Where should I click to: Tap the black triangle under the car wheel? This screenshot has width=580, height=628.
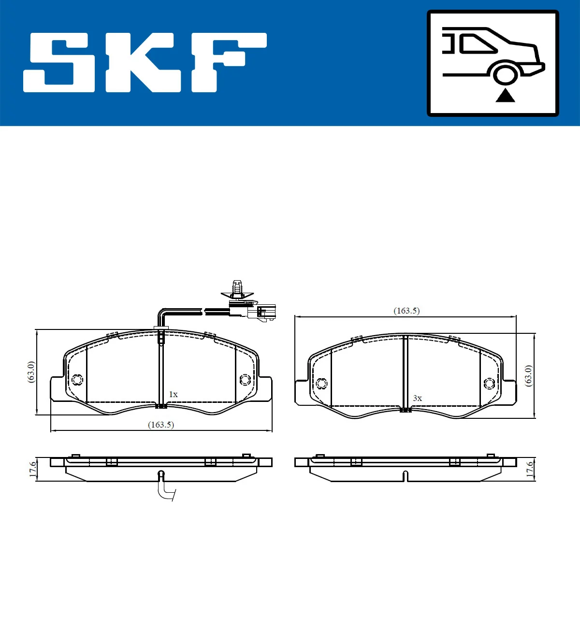pyautogui.click(x=505, y=96)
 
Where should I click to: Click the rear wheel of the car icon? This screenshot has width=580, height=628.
pyautogui.click(x=505, y=75)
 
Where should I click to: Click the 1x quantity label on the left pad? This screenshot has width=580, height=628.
pyautogui.click(x=173, y=395)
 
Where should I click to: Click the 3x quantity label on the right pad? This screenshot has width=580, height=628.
pyautogui.click(x=417, y=399)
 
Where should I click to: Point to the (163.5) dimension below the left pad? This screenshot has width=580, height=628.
pyautogui.click(x=161, y=425)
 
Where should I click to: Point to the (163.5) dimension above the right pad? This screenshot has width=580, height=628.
pyautogui.click(x=406, y=311)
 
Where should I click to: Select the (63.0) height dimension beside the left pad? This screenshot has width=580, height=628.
pyautogui.click(x=31, y=372)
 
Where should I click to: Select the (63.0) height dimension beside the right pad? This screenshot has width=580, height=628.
pyautogui.click(x=529, y=375)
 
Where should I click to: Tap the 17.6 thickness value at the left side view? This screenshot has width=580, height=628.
pyautogui.click(x=32, y=469)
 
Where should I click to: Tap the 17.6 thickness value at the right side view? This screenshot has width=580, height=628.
pyautogui.click(x=530, y=469)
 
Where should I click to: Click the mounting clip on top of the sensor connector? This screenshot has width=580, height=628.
pyautogui.click(x=237, y=290)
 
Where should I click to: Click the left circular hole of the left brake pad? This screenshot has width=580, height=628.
pyautogui.click(x=77, y=380)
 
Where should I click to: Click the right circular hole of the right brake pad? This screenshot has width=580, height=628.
pyautogui.click(x=489, y=384)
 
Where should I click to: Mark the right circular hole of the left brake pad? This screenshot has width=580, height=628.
pyautogui.click(x=245, y=380)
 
